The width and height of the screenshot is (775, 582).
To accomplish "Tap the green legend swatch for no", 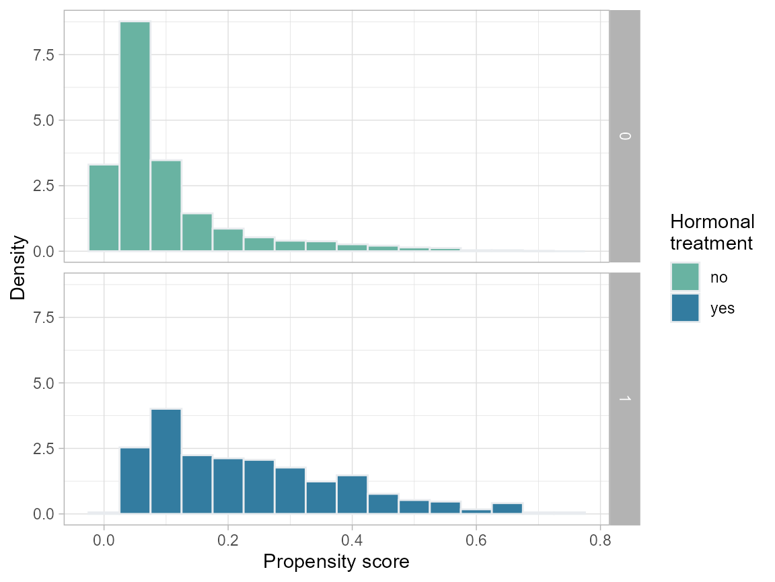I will click(685, 277).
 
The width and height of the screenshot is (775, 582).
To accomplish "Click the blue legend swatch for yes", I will click(685, 308).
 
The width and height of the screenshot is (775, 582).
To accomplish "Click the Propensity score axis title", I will click(336, 562).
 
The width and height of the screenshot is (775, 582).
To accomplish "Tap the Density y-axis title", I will click(18, 267).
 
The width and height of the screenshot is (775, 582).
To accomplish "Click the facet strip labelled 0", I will click(624, 136).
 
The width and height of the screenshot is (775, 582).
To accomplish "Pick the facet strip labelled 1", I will click(624, 398).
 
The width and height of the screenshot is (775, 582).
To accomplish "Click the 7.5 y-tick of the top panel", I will click(46, 54).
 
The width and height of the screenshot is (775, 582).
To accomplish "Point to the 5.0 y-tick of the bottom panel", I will click(46, 383).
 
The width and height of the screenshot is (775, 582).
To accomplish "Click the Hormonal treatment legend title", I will click(712, 232).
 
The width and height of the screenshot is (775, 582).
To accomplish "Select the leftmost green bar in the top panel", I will click(104, 208).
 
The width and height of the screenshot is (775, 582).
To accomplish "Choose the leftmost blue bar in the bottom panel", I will click(135, 480).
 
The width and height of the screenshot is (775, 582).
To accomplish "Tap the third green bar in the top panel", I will click(165, 205).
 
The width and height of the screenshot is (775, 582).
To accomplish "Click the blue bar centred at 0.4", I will click(352, 495).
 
